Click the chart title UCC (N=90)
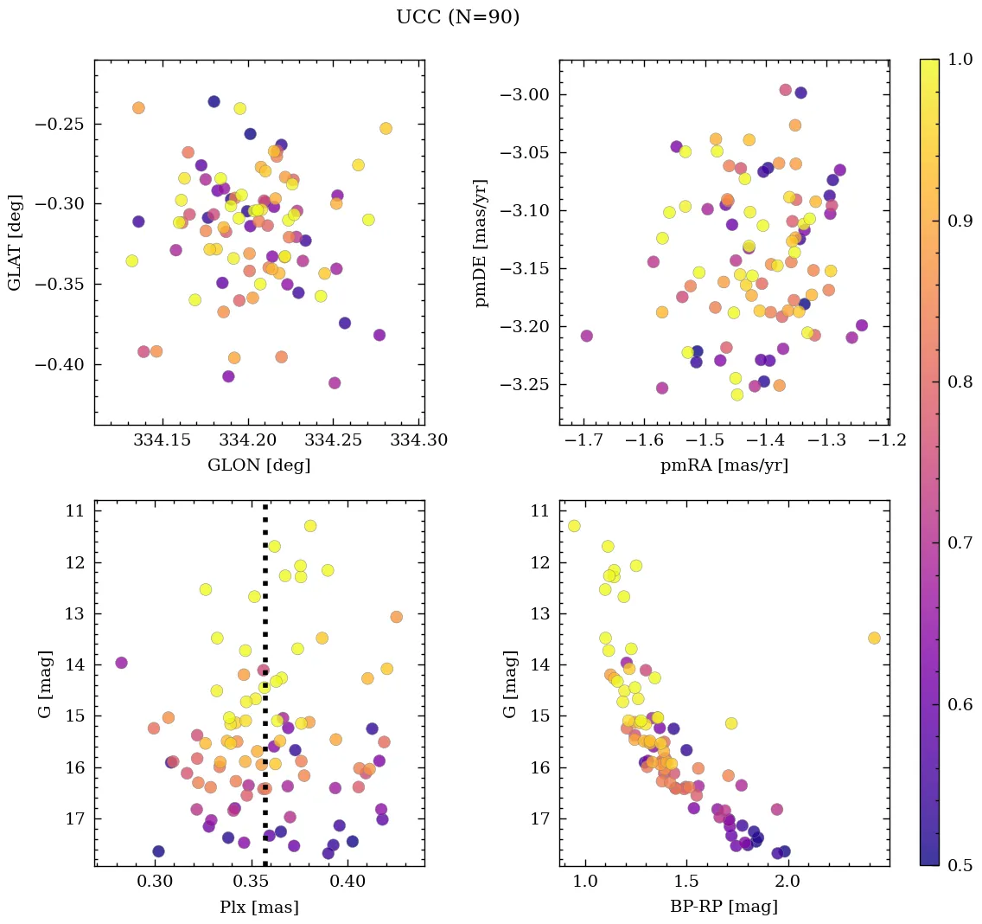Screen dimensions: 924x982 tap(457, 17)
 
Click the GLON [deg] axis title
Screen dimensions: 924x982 tap(258, 465)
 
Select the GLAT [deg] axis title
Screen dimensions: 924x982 tap(15, 242)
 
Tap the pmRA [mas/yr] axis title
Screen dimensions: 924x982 tap(724, 465)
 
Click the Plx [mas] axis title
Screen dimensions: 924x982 tap(258, 907)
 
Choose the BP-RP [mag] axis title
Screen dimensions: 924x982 tap(724, 907)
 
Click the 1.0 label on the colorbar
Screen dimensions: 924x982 tap(960, 60)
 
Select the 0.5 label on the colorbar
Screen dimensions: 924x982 tap(960, 865)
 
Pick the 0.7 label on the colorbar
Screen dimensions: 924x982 tap(960, 543)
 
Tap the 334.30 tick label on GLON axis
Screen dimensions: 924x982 tap(420, 440)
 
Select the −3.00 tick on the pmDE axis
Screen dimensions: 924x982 tap(528, 95)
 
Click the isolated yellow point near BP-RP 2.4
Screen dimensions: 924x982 tap(874, 638)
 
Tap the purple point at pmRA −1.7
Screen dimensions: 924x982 tap(586, 336)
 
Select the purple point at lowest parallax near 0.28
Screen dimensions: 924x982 tap(121, 663)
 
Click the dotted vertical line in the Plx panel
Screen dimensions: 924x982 tap(265, 692)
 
